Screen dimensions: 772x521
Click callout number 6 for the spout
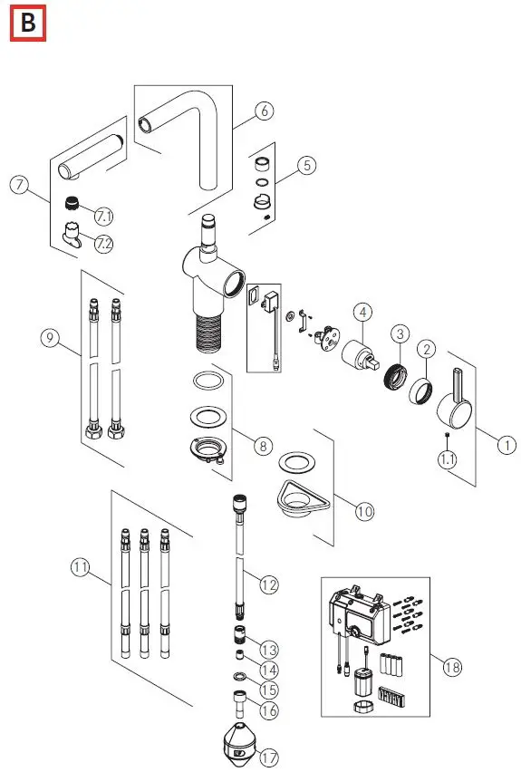point(263,111)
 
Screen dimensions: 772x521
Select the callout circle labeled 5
point(307,165)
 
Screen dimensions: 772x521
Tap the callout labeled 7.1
point(104,216)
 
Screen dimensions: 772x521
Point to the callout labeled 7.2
point(104,245)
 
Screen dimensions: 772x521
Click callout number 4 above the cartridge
point(362,313)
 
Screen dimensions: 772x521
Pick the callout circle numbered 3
point(399,333)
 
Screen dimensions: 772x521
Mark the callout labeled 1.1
point(449,459)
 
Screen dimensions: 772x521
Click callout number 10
point(363,511)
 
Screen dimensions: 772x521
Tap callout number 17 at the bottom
point(269,757)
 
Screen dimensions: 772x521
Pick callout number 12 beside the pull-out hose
point(267,585)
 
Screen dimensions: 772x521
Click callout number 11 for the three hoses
point(82,567)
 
